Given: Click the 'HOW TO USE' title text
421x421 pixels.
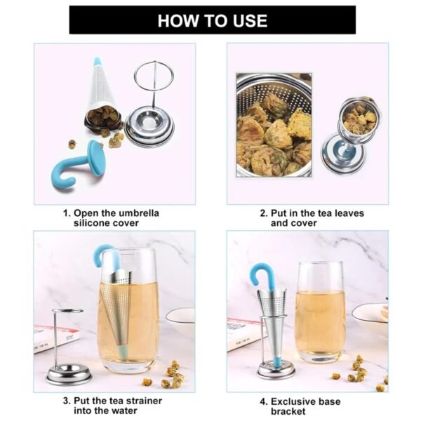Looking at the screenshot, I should [x=212, y=20].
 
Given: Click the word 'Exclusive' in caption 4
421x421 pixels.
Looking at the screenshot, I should [x=292, y=401].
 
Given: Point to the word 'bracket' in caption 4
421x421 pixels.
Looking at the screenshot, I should [x=288, y=411].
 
